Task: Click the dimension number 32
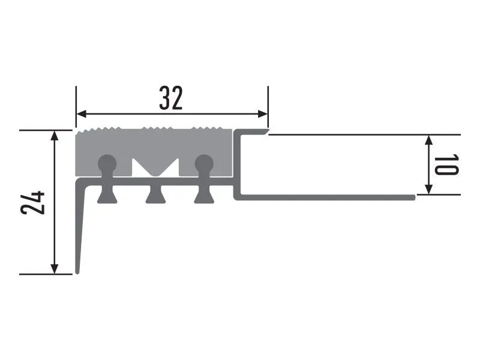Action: pyautogui.click(x=171, y=98)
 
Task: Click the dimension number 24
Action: pyautogui.click(x=33, y=203)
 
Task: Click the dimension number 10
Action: pyautogui.click(x=446, y=164)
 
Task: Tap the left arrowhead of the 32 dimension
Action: pyautogui.click(x=81, y=114)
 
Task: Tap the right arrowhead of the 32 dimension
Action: pyautogui.click(x=263, y=114)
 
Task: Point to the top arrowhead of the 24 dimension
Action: pyautogui.click(x=54, y=136)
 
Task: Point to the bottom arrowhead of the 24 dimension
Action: pyautogui.click(x=54, y=269)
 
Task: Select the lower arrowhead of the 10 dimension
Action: pyautogui.click(x=429, y=189)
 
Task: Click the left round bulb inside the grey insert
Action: pyautogui.click(x=107, y=164)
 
